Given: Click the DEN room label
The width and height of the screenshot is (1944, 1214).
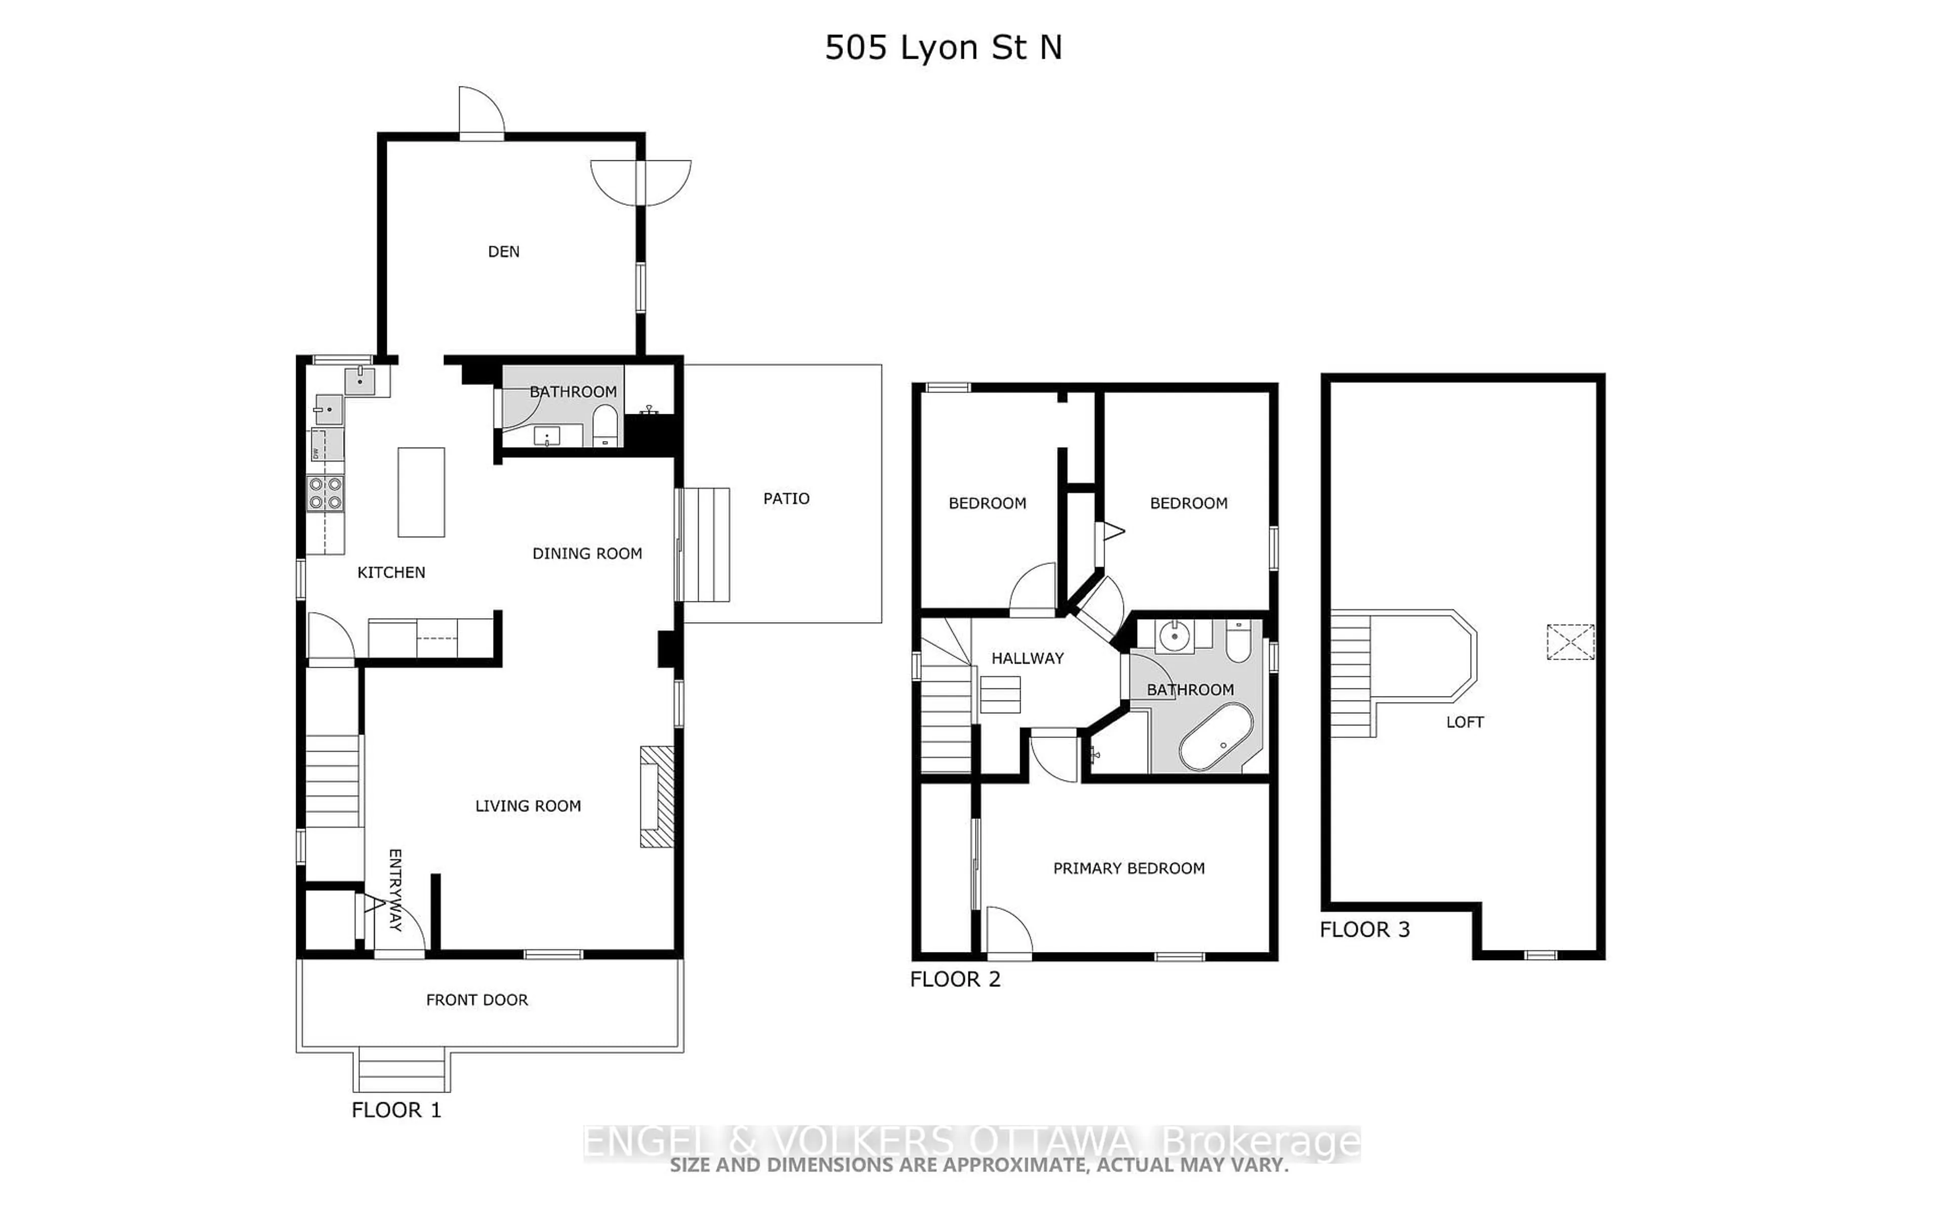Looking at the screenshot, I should (x=504, y=252).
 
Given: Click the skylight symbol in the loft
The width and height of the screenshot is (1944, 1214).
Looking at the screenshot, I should (x=1570, y=642).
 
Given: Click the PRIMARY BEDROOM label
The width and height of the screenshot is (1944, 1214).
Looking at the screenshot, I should (x=1128, y=869).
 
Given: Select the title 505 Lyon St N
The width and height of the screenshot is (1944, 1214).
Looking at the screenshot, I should (x=943, y=48).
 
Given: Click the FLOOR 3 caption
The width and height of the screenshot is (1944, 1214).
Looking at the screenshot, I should (x=1364, y=930).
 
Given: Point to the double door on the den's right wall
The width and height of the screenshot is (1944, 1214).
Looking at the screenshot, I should (x=641, y=183).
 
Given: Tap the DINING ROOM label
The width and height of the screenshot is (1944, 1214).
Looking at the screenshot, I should (x=587, y=554).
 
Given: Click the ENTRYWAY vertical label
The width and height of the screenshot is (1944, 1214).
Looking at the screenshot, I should (x=394, y=890).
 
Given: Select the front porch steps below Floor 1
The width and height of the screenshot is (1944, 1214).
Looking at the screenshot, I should (x=401, y=1071).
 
